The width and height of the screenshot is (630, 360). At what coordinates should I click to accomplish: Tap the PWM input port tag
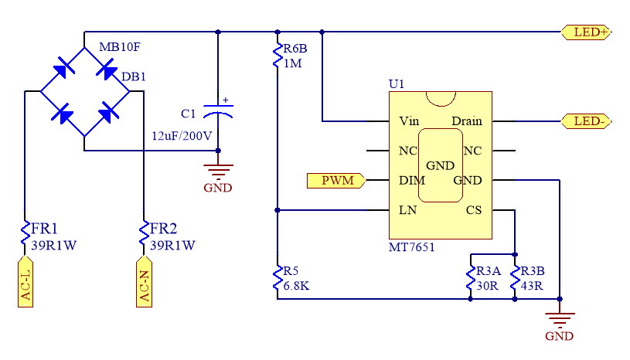(336, 181)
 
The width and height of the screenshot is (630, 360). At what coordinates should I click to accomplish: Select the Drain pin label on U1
(467, 121)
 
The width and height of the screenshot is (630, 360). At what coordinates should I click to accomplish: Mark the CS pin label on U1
(474, 210)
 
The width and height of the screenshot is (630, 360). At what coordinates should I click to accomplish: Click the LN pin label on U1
(407, 210)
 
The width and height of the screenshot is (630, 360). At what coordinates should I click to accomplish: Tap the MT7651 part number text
(412, 248)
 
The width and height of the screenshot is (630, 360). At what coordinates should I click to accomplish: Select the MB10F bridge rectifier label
(120, 48)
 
